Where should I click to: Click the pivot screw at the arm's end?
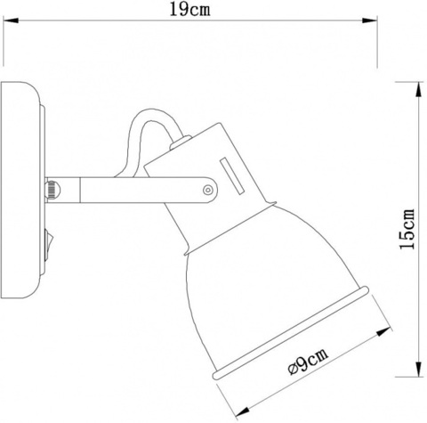click(x=208, y=189)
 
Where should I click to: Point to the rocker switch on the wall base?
click(x=51, y=240)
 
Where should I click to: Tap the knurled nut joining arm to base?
click(x=52, y=189)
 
